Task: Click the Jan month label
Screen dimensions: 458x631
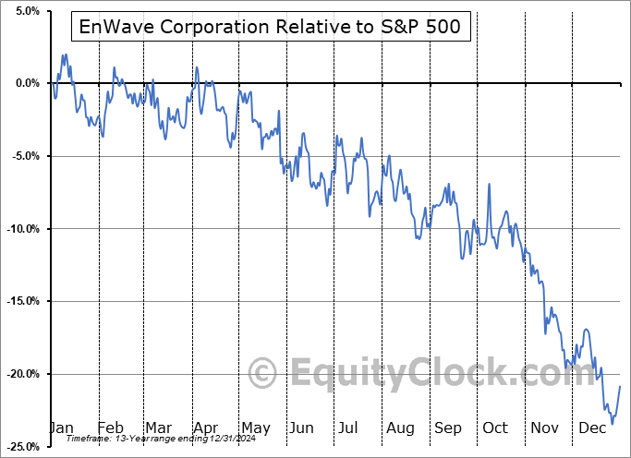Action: pos(60,428)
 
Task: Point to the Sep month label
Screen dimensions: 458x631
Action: pos(448,428)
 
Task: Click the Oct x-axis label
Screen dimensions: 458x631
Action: pos(495,428)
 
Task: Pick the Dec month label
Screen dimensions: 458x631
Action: pos(593,428)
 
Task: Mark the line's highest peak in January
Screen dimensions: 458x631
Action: pos(65,54)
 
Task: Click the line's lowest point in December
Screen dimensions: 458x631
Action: pos(612,424)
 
